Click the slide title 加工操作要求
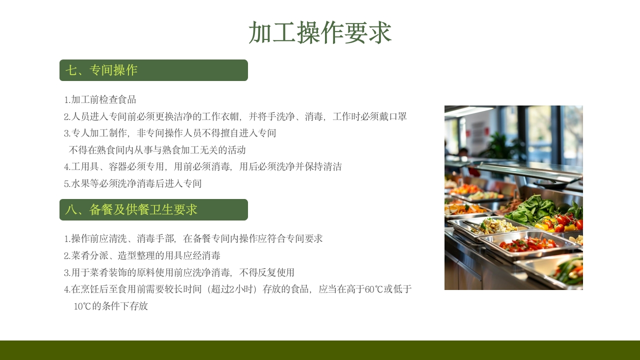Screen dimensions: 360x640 pos(319,33)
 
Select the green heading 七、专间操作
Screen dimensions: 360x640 pos(101,70)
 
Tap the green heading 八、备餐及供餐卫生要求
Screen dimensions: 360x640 pos(131,210)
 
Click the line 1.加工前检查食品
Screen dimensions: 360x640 pos(100,99)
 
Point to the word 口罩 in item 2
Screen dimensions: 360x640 pos(397,116)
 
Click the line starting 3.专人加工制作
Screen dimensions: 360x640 pos(170,133)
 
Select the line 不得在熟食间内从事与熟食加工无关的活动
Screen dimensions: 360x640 pos(157,150)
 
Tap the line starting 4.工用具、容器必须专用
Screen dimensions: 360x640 pos(203,166)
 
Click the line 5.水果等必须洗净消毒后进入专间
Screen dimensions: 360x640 pos(133,183)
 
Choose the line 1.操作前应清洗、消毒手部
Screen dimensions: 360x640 pos(193,238)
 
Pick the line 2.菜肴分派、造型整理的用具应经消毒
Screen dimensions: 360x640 pos(142,255)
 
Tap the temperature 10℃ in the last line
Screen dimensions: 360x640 pos(82,306)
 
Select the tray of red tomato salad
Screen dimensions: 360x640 pos(529,243)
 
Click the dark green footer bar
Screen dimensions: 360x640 pos(320,350)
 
